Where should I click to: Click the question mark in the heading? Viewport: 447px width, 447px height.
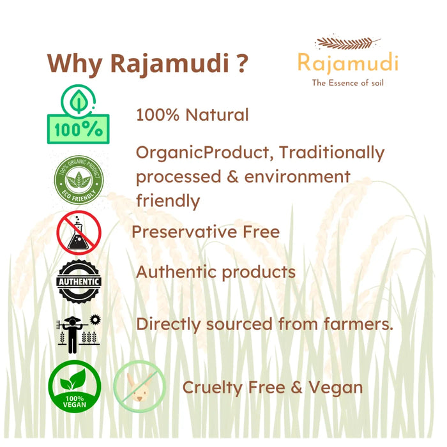240,64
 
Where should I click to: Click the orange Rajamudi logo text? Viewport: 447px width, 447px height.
347,63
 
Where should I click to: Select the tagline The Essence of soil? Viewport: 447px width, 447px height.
347,82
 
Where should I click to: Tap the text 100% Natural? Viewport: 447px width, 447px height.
192,115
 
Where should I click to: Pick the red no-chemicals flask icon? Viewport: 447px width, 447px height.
79,231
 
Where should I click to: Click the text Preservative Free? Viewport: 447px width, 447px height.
206,231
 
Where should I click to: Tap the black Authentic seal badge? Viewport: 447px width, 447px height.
79,281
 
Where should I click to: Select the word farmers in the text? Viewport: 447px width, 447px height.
355,324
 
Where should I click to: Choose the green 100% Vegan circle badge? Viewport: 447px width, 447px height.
75,387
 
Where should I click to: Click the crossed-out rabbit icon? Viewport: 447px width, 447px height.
139,387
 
